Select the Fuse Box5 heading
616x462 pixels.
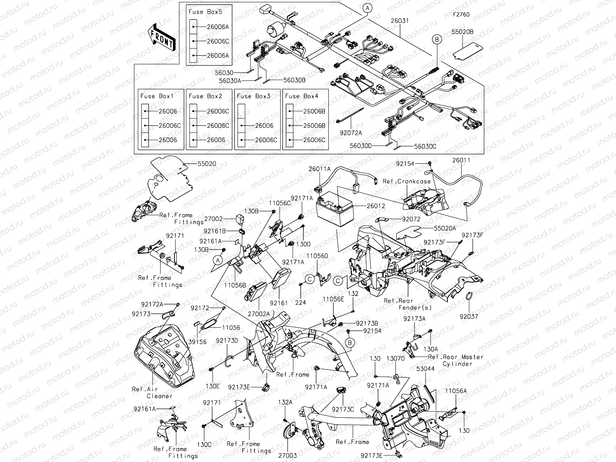point(205,12)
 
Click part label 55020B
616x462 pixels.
point(463,32)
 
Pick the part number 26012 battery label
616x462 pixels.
point(375,206)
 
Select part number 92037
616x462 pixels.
point(469,316)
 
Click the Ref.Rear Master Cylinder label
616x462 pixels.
point(456,360)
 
